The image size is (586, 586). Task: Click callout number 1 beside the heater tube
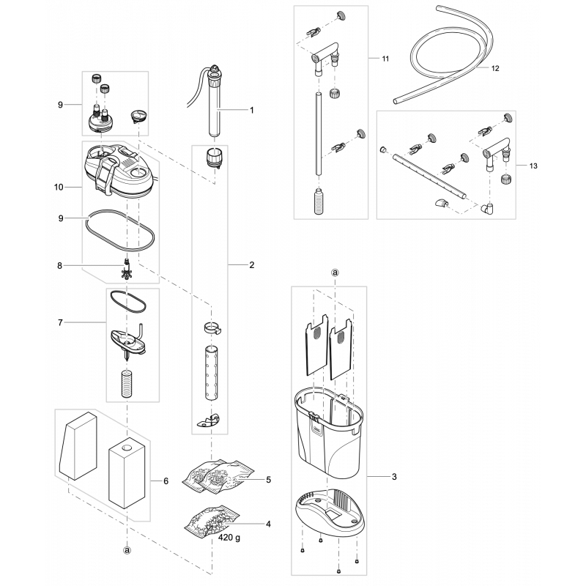(x=252, y=111)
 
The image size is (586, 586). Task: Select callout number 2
(x=252, y=265)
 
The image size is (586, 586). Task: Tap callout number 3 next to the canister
(x=394, y=477)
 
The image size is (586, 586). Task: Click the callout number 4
(x=268, y=524)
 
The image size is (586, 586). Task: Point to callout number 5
(x=268, y=480)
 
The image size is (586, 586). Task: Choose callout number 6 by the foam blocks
(x=166, y=481)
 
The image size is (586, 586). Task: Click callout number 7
(x=60, y=322)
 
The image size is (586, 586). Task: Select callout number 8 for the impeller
(x=60, y=266)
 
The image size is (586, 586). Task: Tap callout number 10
(x=59, y=187)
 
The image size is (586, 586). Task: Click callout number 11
(x=385, y=59)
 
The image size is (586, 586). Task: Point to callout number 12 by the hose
(x=495, y=68)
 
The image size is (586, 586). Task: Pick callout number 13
(x=533, y=166)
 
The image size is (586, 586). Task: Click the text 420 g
(x=229, y=538)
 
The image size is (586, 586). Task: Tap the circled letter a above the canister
(x=335, y=272)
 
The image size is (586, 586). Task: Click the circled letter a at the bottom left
(x=127, y=550)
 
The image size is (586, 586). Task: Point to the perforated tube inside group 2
(x=212, y=374)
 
